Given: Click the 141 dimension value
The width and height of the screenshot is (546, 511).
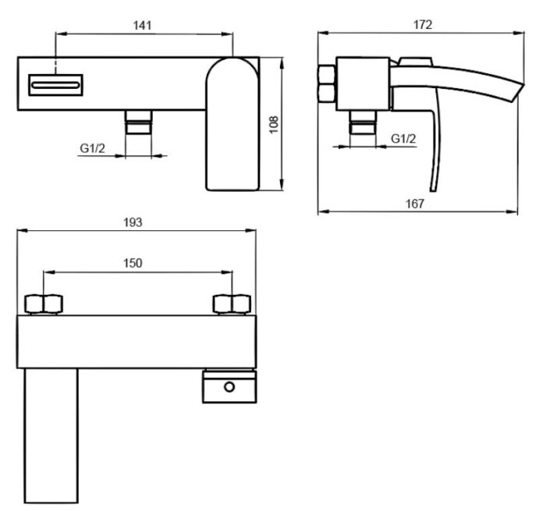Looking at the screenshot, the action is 142,26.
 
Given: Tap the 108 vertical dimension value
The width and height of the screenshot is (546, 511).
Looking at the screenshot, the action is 274,124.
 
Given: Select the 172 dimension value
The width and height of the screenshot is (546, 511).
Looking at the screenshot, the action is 423,25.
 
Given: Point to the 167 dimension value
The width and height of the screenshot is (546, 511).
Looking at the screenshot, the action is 415,204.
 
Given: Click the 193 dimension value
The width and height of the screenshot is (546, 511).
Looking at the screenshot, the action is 133,222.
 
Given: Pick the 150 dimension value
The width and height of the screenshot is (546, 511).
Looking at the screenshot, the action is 133,263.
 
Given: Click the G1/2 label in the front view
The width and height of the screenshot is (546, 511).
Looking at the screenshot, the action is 92,148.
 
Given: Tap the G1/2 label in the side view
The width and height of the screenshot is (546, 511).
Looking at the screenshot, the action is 403,139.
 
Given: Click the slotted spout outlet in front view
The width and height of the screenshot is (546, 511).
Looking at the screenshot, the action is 55,85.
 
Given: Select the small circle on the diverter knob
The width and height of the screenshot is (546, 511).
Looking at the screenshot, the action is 229,387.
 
